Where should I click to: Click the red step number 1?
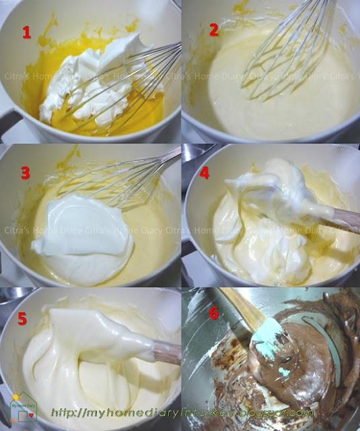tap(26, 32)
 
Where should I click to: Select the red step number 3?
tap(26, 172)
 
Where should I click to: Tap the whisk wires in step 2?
tap(283, 54)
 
